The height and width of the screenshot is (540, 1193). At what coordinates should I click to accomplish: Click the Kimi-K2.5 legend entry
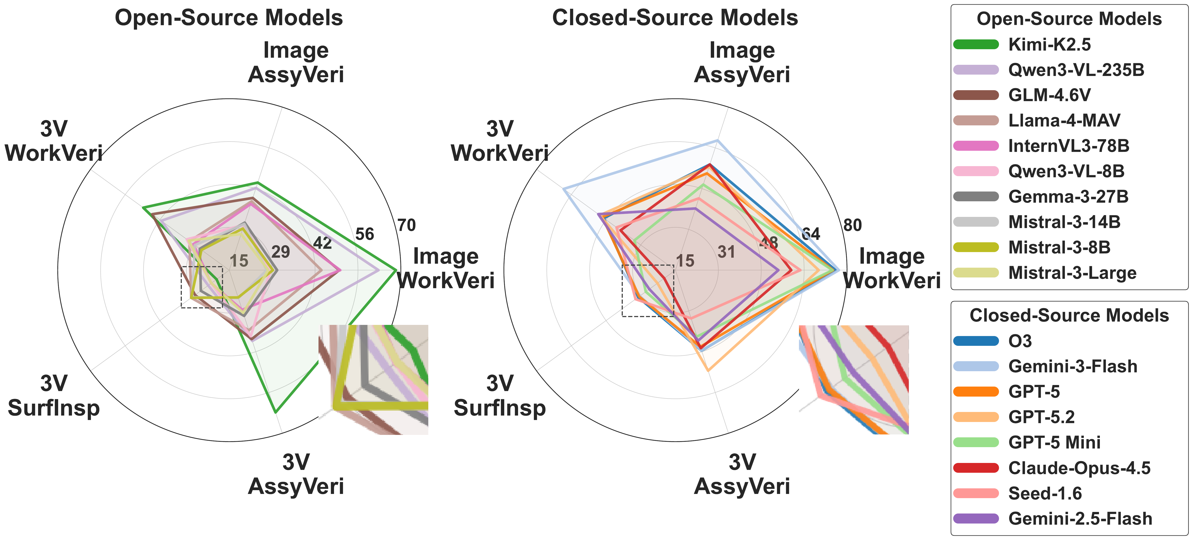coord(1049,44)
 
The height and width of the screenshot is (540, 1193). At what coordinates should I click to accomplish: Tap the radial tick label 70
coord(407,225)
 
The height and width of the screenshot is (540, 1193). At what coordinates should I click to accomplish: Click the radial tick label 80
coord(853,225)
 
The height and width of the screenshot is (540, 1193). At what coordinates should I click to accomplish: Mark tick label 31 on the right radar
coord(726,252)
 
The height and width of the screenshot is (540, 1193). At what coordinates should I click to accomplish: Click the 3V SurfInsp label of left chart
coord(54,396)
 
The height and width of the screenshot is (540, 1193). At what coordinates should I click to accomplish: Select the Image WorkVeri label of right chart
coord(892,268)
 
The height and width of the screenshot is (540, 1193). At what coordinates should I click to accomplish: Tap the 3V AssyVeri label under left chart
coord(296,474)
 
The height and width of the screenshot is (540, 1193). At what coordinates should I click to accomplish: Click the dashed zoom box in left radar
coord(202,287)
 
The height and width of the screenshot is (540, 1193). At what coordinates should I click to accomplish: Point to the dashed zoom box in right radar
coord(648,291)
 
